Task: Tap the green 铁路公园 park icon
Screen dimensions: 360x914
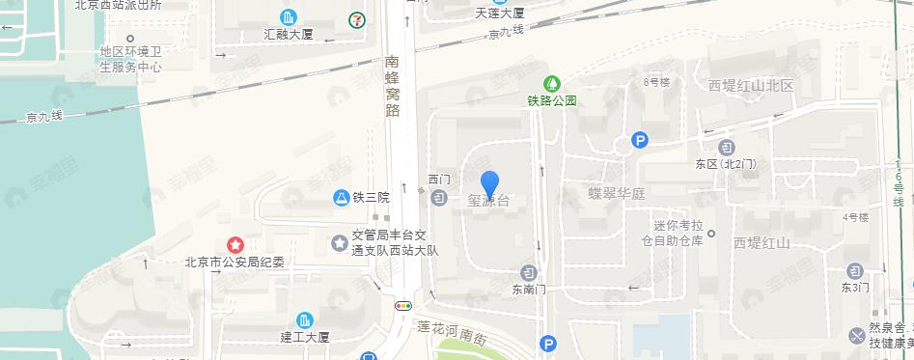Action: point(552,84)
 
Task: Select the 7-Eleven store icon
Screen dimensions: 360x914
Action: point(357,17)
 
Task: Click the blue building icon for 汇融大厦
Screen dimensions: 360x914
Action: point(289,17)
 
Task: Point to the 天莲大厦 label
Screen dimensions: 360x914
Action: point(500,14)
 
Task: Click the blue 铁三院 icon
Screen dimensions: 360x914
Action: point(341,197)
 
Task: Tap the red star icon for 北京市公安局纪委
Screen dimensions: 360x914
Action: point(234,245)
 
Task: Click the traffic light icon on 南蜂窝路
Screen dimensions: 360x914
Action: point(402,306)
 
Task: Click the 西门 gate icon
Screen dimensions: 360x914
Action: point(439,198)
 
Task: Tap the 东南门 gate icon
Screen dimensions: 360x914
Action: point(528,271)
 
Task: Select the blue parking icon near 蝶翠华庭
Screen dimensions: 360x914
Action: point(639,141)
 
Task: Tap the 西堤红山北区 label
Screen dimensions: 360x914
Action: point(750,86)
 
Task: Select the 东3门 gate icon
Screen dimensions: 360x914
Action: point(854,271)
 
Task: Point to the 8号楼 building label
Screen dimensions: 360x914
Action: point(656,82)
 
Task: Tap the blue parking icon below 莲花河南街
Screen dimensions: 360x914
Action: point(549,343)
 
